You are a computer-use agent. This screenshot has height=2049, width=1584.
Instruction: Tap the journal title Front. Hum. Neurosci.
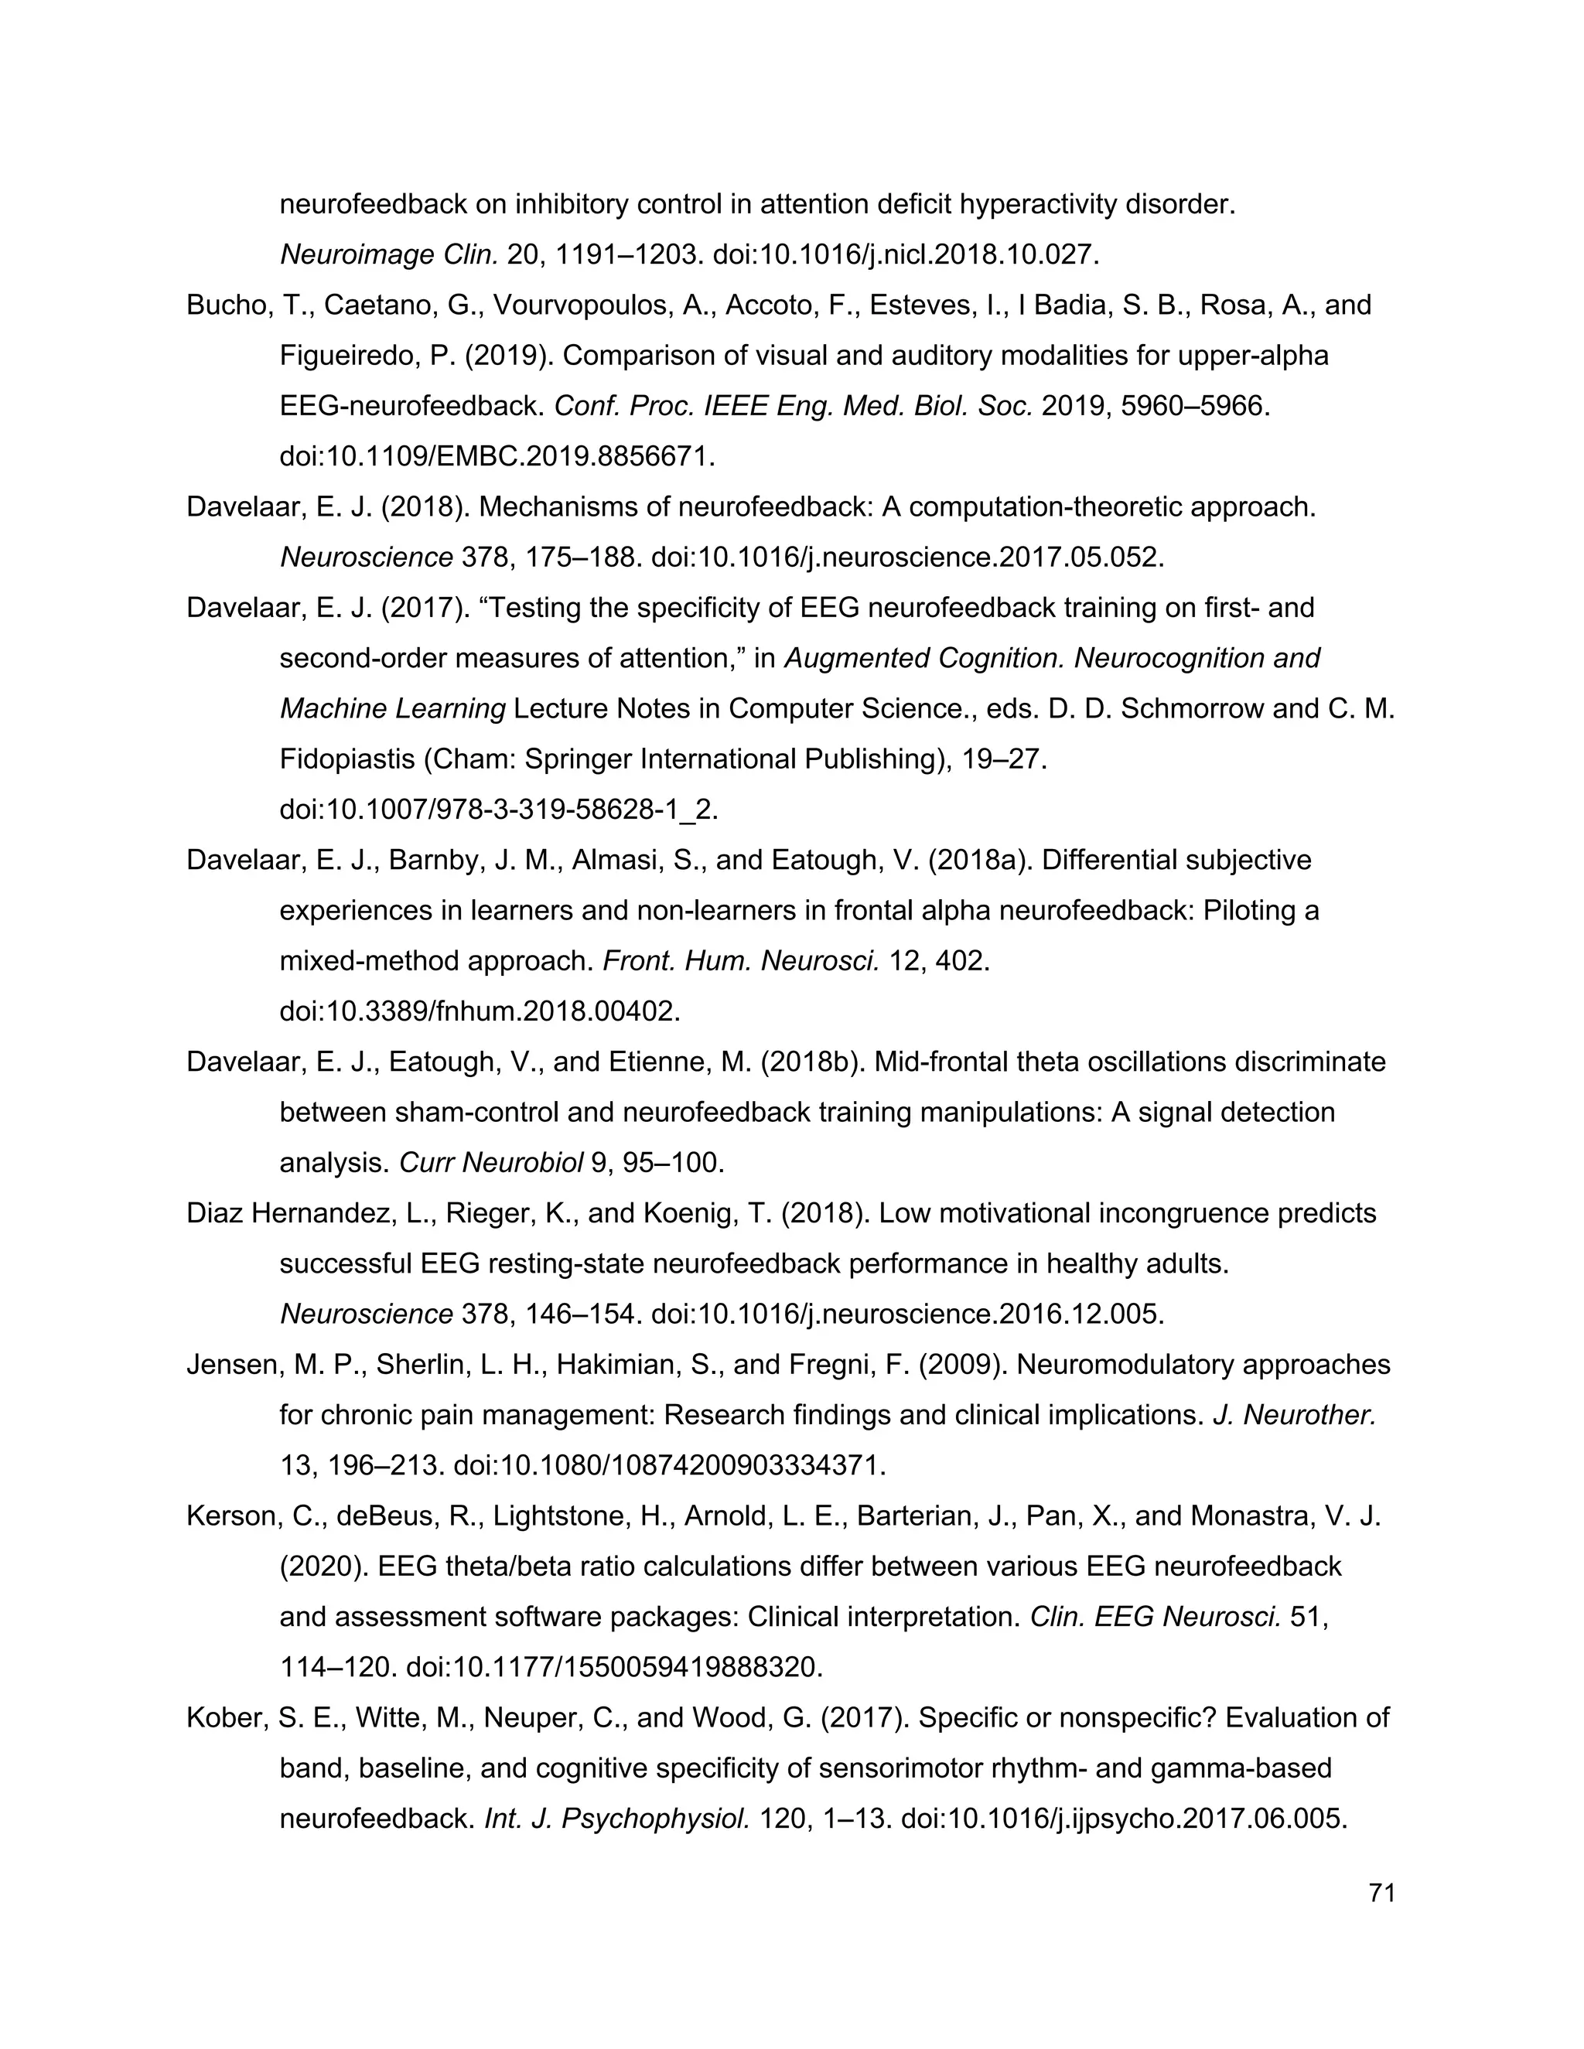coord(740,962)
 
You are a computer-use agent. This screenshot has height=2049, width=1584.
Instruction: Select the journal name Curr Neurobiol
coord(491,1164)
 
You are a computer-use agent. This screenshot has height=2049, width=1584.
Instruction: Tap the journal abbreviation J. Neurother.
coord(1294,1415)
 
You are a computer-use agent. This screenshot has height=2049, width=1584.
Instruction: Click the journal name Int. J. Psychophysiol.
coord(616,1819)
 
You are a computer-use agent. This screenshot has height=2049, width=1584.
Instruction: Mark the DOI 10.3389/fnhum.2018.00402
coord(480,1011)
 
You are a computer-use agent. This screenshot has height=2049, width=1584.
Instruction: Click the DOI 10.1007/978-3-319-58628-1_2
coord(498,810)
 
